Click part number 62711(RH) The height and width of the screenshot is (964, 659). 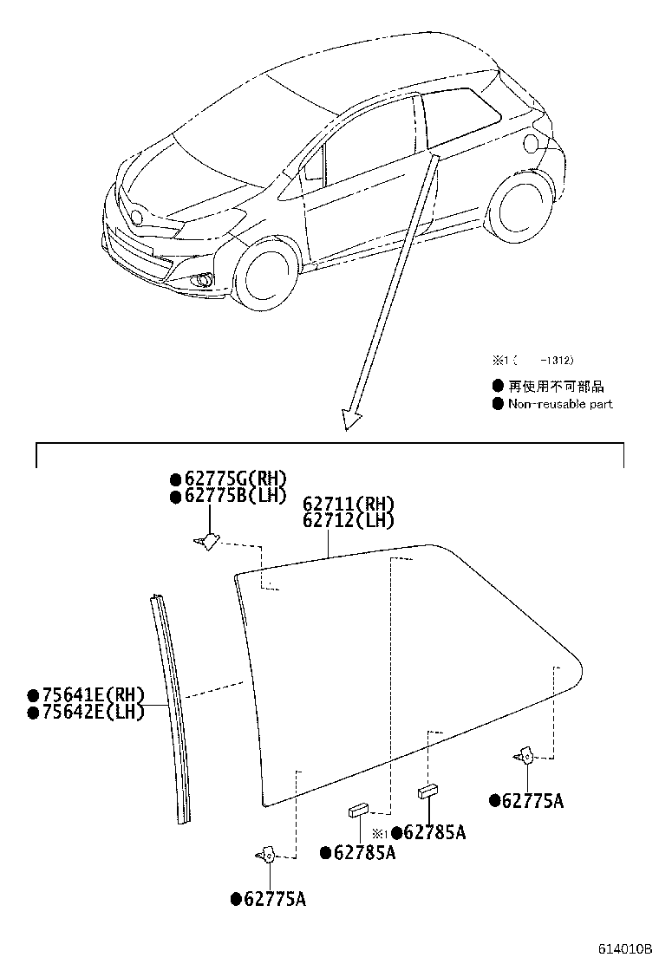[x=349, y=505]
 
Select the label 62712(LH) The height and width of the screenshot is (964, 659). [x=349, y=521]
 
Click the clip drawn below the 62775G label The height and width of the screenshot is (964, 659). [x=206, y=541]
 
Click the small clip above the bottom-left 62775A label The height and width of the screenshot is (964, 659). [x=265, y=854]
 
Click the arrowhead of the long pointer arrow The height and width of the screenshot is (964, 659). [x=351, y=420]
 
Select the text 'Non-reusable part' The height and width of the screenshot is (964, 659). [x=561, y=404]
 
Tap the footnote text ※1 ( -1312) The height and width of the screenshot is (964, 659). [x=532, y=361]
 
